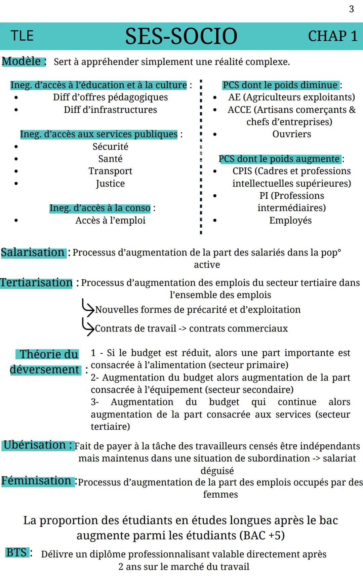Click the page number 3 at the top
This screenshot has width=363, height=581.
(x=351, y=9)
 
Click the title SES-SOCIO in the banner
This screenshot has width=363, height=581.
(x=181, y=36)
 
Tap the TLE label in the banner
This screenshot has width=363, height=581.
(x=22, y=36)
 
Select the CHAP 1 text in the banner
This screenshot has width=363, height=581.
(x=332, y=36)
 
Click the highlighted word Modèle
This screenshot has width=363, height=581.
(x=22, y=62)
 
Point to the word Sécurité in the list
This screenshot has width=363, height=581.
(x=110, y=147)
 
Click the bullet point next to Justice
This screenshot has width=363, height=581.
(x=16, y=184)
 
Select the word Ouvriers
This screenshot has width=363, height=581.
(x=291, y=134)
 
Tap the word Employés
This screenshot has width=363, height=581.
(x=290, y=221)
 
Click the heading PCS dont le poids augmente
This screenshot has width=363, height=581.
(x=279, y=159)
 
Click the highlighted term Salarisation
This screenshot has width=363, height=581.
(x=33, y=253)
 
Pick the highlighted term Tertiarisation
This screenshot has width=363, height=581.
(x=36, y=283)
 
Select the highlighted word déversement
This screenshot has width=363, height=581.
(x=44, y=370)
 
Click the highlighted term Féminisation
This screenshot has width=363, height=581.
(x=36, y=481)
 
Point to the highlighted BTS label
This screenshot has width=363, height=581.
(x=16, y=552)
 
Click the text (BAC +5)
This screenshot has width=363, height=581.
(x=262, y=535)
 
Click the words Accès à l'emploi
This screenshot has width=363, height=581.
(x=110, y=221)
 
